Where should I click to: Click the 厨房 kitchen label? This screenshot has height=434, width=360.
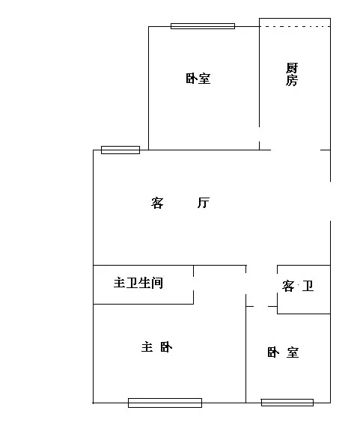click(292, 74)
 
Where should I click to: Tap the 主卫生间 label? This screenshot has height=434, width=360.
click(138, 283)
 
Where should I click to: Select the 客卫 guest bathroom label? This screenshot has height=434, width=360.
click(298, 286)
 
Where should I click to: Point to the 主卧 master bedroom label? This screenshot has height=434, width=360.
click(156, 347)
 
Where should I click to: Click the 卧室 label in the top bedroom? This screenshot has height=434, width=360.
click(198, 79)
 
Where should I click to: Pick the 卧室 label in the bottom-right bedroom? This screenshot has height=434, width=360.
click(283, 352)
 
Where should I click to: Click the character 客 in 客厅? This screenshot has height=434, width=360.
click(157, 203)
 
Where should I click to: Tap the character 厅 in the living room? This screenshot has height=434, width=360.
click(204, 203)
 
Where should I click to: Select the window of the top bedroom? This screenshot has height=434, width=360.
click(203, 26)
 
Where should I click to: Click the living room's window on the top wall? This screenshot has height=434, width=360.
click(120, 150)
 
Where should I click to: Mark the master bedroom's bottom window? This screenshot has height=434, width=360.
click(165, 403)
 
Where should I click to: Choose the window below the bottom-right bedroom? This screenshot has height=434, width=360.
click(287, 403)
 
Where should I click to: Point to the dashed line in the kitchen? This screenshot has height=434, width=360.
click(295, 27)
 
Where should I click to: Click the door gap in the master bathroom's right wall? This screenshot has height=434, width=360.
click(193, 284)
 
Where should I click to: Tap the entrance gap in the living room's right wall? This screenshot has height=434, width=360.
click(330, 201)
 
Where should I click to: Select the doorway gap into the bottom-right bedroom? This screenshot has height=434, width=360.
click(261, 306)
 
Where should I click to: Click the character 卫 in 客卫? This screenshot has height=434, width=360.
click(308, 286)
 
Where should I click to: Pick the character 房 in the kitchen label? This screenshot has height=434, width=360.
click(292, 81)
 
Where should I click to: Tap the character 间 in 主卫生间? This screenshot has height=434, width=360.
click(157, 283)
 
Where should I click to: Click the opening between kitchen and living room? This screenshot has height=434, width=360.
click(296, 150)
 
